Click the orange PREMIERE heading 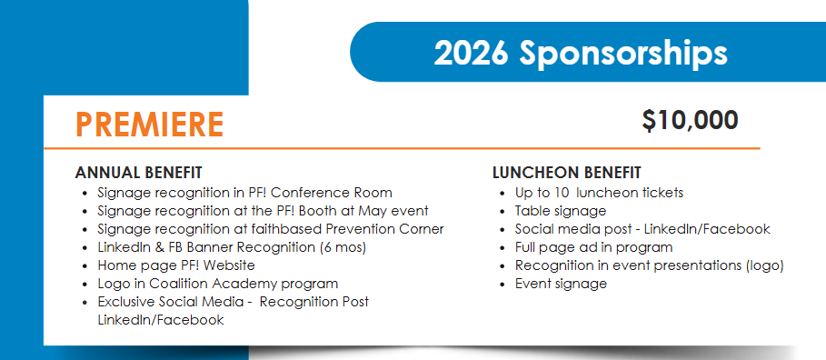click(x=150, y=125)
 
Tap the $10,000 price click(x=690, y=121)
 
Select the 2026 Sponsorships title click(x=581, y=53)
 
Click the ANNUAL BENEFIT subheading click(x=138, y=173)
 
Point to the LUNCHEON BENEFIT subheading click(x=567, y=173)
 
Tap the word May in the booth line click(x=371, y=211)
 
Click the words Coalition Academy click(x=213, y=284)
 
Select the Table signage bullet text click(x=561, y=211)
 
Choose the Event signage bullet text click(x=561, y=285)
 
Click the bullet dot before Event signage click(x=503, y=285)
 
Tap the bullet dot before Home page click(x=85, y=266)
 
